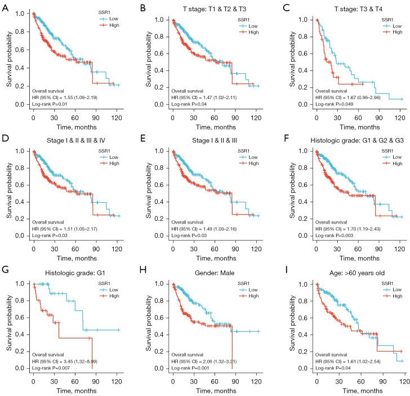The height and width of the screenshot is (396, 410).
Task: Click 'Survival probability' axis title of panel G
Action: [x=9, y=322]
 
